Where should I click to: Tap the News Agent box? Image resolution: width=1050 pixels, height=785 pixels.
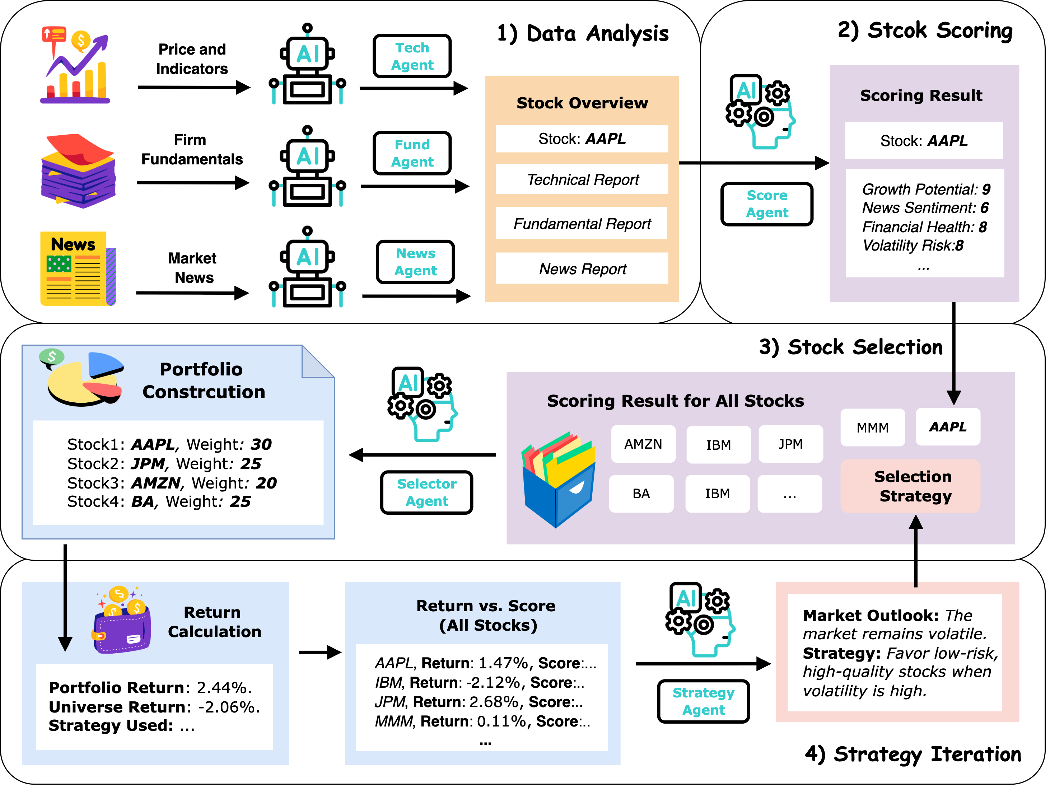[x=415, y=262]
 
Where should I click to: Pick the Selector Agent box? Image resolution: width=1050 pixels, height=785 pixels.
[x=426, y=492]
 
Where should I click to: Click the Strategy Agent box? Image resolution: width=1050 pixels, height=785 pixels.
[x=703, y=701]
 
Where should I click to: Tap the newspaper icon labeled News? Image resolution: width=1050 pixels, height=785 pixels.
[x=78, y=268]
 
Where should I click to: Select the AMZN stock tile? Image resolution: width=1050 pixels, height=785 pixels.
[x=643, y=444]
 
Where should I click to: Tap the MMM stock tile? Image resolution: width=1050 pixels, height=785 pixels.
[x=872, y=427]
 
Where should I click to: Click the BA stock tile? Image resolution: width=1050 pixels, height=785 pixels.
[x=641, y=494]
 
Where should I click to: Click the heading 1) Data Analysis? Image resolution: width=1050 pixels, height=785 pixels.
[x=583, y=33]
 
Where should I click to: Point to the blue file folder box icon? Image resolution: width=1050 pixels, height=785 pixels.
[x=558, y=479]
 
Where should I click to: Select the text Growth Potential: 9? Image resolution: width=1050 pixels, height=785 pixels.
[x=926, y=189]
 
